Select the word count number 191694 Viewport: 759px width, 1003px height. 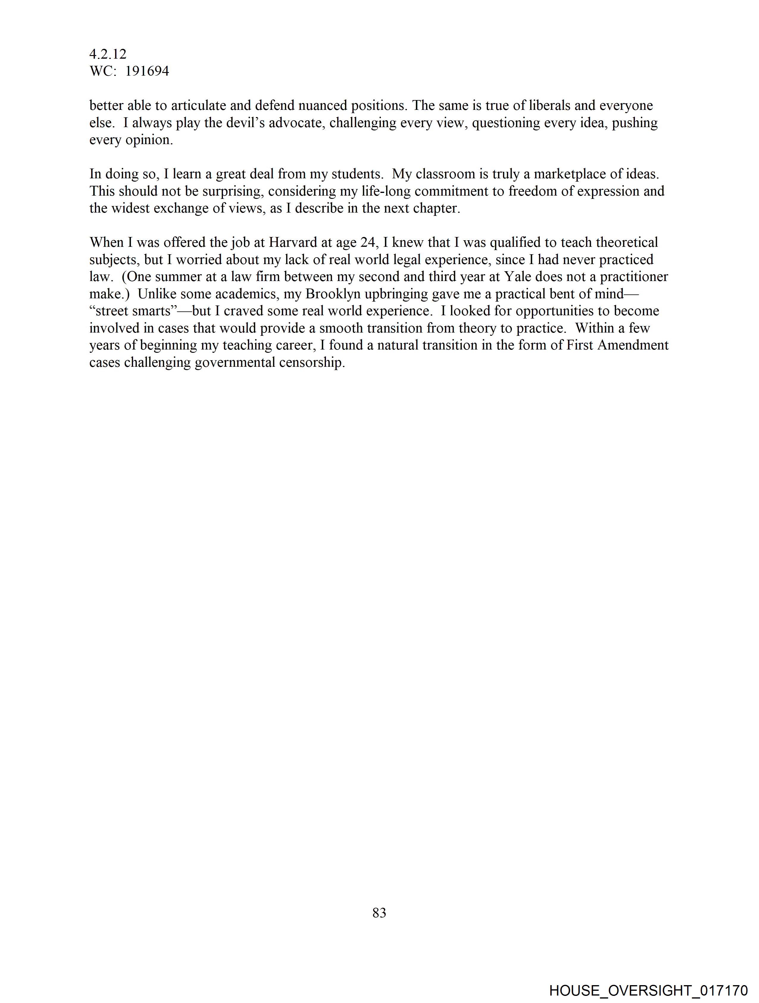click(x=147, y=71)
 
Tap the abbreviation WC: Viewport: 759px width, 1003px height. click(x=103, y=71)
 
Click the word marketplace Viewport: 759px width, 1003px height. click(x=572, y=174)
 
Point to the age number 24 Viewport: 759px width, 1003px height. click(x=368, y=243)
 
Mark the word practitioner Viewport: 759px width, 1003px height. click(x=634, y=277)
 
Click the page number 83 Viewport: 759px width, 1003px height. click(x=379, y=913)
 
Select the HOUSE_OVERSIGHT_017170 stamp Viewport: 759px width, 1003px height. click(x=648, y=990)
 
